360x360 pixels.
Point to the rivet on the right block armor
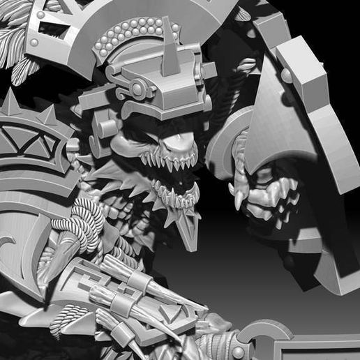[x=287, y=75]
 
